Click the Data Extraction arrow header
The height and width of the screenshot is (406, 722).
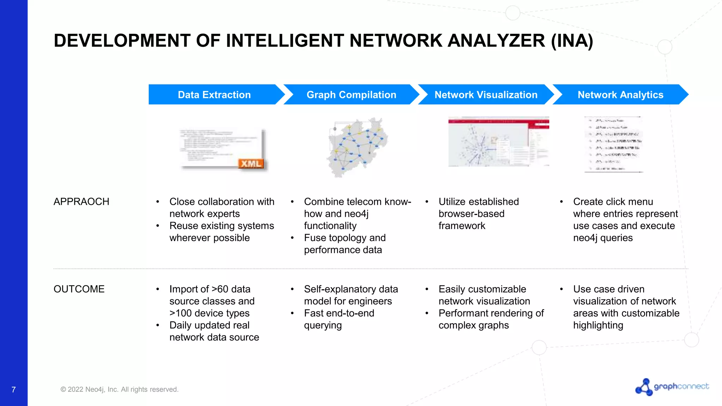[x=214, y=94]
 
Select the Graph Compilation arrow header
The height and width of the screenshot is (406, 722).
[x=351, y=94]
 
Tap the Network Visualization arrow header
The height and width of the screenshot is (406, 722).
[x=485, y=94]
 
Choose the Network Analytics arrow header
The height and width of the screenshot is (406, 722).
[x=620, y=94]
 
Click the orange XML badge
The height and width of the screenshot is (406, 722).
[x=251, y=164]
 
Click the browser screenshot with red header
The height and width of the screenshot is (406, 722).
[x=498, y=141]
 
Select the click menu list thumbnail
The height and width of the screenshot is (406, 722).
[x=614, y=144]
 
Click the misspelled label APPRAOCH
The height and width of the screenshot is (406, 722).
[x=81, y=202]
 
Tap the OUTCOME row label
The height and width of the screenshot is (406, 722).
[x=79, y=289]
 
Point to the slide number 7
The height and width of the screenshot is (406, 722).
[x=13, y=389]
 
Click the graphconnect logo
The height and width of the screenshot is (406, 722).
[x=672, y=387]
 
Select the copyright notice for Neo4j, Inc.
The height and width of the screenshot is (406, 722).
[x=120, y=389]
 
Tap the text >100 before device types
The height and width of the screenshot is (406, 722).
[x=180, y=313]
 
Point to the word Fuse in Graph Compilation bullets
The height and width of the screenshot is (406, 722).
[x=315, y=238]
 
